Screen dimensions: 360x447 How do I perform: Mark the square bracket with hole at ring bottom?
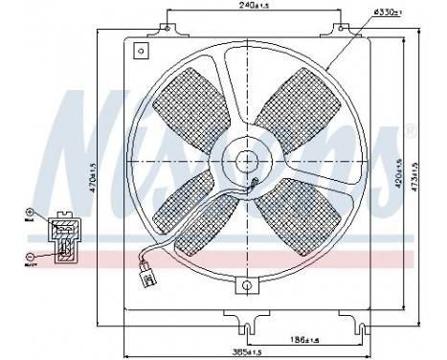tap(246, 288)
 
